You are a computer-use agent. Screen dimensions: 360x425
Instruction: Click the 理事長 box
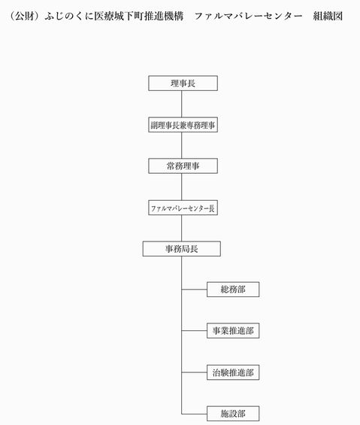183,83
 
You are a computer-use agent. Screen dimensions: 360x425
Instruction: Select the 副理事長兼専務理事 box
183,125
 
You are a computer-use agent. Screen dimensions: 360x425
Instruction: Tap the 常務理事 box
183,166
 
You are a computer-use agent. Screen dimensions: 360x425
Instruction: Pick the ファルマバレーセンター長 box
183,208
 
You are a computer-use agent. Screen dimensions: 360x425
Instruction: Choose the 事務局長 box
181,249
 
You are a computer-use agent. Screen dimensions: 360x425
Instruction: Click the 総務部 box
233,290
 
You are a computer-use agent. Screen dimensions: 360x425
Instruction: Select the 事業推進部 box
233,331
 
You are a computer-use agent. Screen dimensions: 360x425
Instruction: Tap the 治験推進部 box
233,372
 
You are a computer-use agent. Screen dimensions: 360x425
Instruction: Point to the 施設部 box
233,414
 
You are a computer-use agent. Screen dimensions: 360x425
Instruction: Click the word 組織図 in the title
328,16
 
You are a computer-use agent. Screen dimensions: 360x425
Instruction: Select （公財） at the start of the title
24,16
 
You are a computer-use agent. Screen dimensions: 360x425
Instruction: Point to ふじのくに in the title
69,16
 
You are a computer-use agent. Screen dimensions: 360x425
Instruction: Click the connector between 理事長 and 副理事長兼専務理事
181,104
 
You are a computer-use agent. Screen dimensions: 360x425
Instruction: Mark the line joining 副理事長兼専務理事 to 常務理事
181,145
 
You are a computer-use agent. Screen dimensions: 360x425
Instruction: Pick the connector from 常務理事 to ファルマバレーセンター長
181,187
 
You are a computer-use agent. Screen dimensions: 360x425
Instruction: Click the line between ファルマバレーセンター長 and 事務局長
181,228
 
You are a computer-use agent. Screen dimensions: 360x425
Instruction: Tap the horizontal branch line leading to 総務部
194,290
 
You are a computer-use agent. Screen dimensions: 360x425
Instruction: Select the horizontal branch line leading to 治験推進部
194,372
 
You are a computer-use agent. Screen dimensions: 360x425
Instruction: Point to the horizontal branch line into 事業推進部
194,331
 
